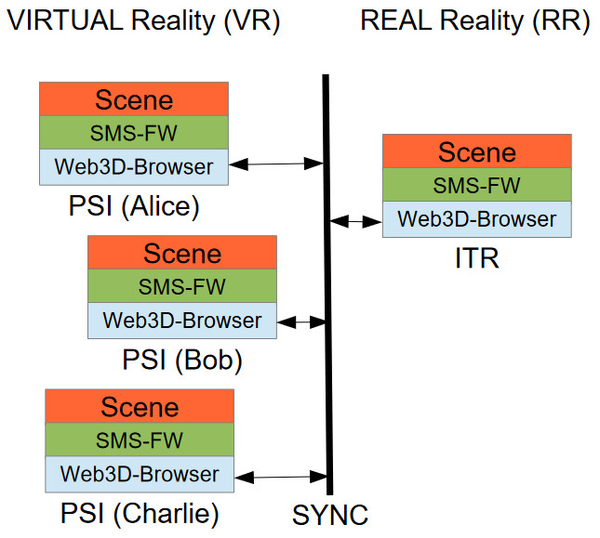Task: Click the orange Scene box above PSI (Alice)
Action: click(x=134, y=99)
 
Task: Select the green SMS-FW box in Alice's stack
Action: click(x=134, y=133)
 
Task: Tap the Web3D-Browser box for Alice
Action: click(x=134, y=167)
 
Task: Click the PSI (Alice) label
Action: click(x=134, y=205)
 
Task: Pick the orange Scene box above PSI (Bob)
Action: click(x=182, y=253)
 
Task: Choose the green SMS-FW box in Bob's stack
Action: click(x=182, y=286)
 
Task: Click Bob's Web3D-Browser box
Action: click(x=182, y=321)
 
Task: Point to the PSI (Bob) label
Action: click(x=182, y=359)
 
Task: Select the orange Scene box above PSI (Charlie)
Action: click(x=140, y=406)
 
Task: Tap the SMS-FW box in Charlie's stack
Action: click(x=140, y=440)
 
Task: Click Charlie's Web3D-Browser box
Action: click(x=140, y=474)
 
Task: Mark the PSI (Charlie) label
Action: click(x=140, y=513)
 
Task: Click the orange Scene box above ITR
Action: click(x=476, y=151)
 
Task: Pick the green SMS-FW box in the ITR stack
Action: click(x=476, y=186)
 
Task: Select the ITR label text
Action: click(x=476, y=257)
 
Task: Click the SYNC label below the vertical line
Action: click(x=330, y=513)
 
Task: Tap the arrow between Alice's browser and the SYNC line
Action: click(x=275, y=164)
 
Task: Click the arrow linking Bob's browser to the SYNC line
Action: click(x=300, y=321)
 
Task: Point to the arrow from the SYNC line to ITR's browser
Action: click(x=355, y=221)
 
